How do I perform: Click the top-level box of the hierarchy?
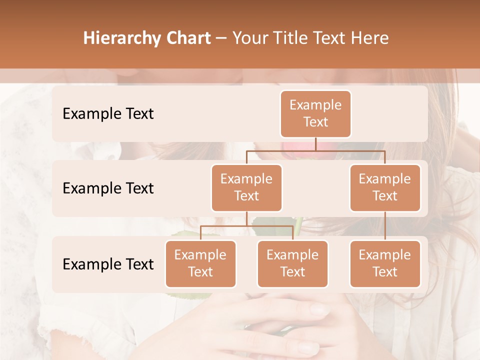[315, 113]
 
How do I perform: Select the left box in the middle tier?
[246, 187]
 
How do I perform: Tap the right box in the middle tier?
[385, 187]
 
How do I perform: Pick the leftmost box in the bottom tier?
[200, 263]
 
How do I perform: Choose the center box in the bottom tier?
[292, 263]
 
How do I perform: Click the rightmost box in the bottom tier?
[385, 263]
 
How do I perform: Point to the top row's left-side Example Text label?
[108, 113]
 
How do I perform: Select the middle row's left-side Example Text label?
[108, 188]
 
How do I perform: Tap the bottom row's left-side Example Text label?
[108, 264]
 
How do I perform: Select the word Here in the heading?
[370, 38]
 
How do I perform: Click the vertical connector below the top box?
[315, 144]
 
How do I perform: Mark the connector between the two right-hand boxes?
[385, 225]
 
